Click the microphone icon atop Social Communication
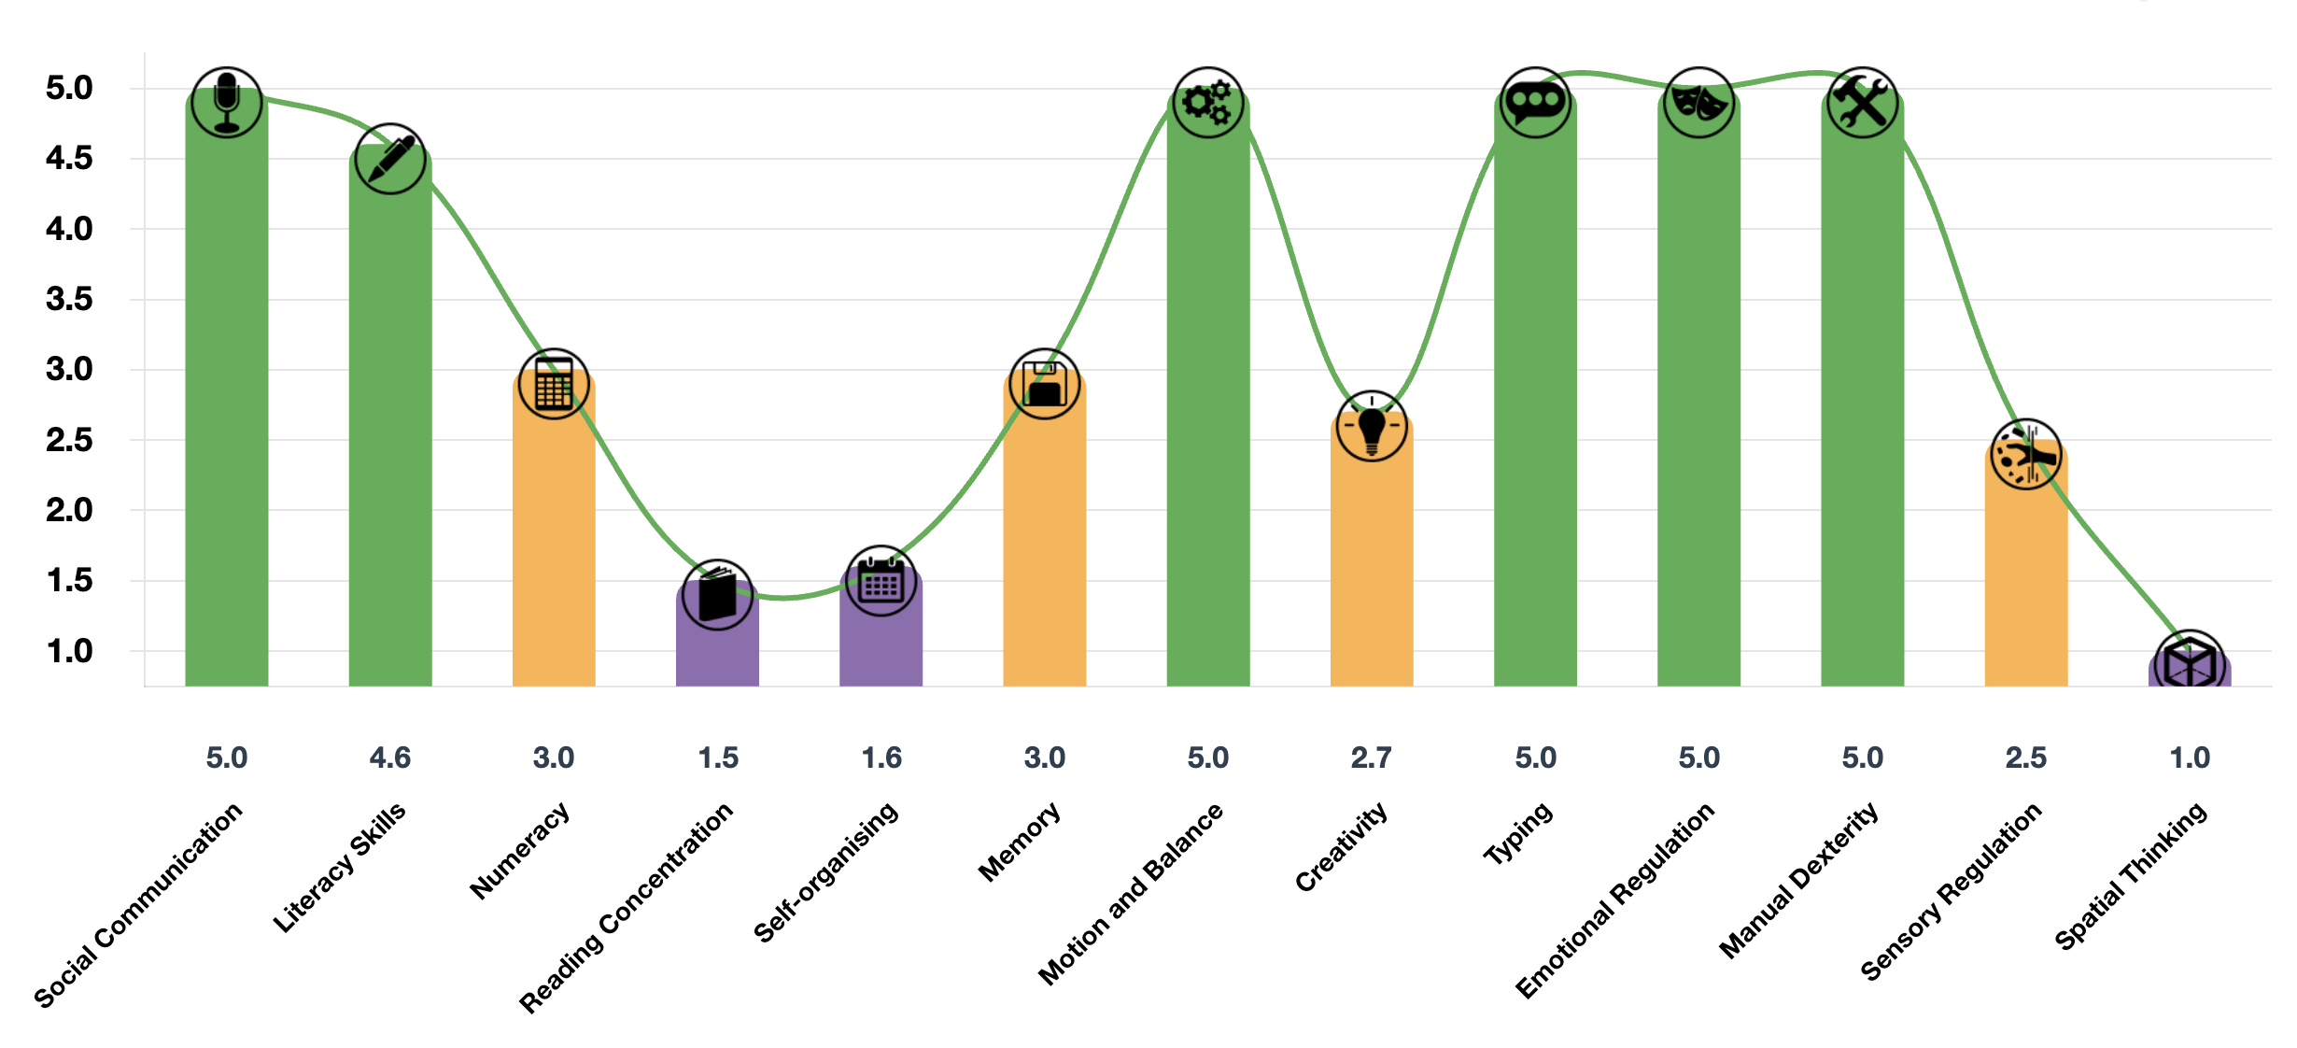[227, 102]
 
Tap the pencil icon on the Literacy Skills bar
[390, 159]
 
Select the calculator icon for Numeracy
[554, 384]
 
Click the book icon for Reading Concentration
[717, 594]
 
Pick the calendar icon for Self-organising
[881, 581]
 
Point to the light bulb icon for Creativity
[1372, 426]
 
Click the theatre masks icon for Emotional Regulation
[1698, 102]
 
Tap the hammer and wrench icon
[1862, 102]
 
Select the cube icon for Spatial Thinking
[2190, 665]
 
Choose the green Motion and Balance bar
[1208, 420]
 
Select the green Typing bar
[1535, 420]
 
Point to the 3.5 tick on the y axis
[69, 299]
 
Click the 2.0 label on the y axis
[69, 510]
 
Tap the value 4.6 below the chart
[390, 758]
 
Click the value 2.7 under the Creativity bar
[1372, 758]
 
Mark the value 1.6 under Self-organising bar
[881, 758]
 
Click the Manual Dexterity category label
[1798, 880]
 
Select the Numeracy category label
[519, 850]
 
